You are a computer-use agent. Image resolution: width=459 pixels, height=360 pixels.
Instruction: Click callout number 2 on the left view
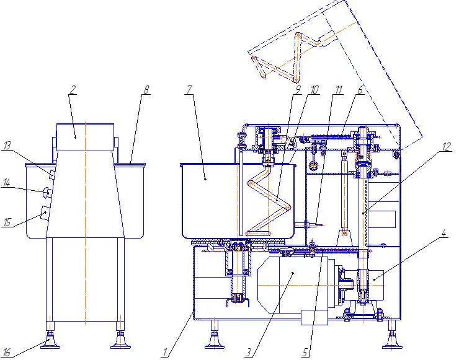(x=73, y=89)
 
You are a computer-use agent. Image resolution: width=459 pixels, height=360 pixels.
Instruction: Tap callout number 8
(x=146, y=89)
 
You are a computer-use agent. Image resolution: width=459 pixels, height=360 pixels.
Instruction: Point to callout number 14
(x=6, y=183)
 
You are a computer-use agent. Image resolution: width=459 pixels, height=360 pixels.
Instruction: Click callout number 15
(x=7, y=222)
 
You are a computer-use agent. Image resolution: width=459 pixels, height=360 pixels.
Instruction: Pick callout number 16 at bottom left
(x=7, y=353)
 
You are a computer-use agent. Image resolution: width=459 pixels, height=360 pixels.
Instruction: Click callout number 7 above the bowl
(x=189, y=89)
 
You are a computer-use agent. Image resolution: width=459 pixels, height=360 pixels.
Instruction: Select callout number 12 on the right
(x=446, y=146)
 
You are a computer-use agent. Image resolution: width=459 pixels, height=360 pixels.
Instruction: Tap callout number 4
(x=443, y=233)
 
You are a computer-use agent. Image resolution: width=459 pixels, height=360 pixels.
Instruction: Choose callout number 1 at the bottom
(x=166, y=353)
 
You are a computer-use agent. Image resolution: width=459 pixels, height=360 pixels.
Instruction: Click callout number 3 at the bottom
(x=248, y=353)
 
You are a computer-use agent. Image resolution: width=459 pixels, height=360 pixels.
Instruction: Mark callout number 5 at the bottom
(x=305, y=353)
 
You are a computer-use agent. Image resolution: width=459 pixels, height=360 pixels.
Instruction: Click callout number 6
(x=360, y=89)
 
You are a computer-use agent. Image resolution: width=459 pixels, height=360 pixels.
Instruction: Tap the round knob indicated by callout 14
(x=47, y=193)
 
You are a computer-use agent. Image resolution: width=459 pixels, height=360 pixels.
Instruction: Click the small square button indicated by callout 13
(x=52, y=175)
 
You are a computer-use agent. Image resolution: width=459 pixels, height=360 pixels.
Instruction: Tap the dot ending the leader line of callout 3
(x=293, y=273)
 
